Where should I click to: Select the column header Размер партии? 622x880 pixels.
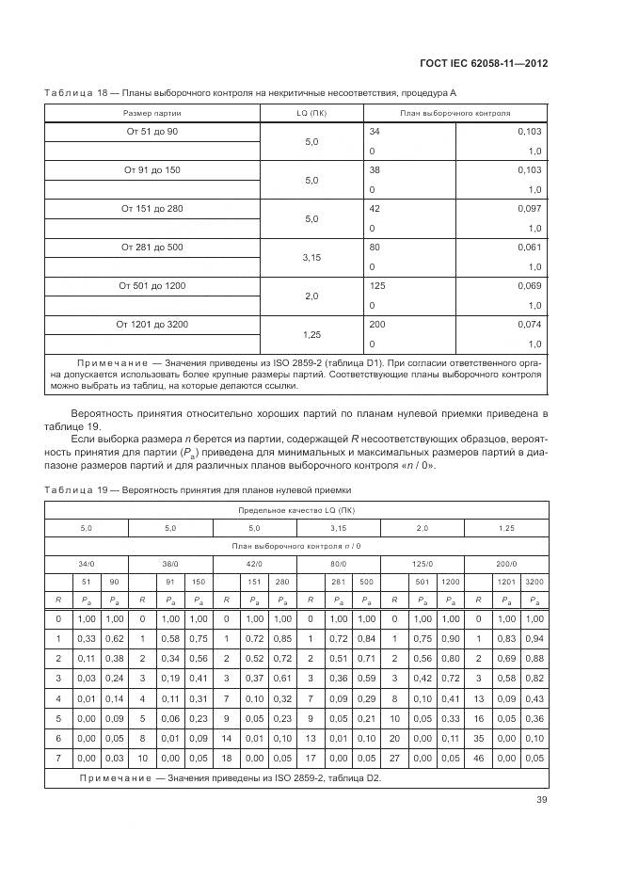tap(152, 112)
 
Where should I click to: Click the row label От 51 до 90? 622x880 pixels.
tap(152, 131)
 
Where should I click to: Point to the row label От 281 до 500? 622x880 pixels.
tap(152, 247)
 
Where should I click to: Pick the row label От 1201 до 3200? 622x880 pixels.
tap(152, 324)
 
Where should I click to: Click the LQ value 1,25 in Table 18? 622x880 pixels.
tap(311, 334)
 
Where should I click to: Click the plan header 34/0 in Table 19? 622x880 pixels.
tap(86, 563)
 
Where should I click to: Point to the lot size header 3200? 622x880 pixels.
tap(533, 581)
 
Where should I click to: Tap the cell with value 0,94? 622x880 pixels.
tap(533, 639)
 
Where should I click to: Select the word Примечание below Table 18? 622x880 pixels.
tap(105, 362)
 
